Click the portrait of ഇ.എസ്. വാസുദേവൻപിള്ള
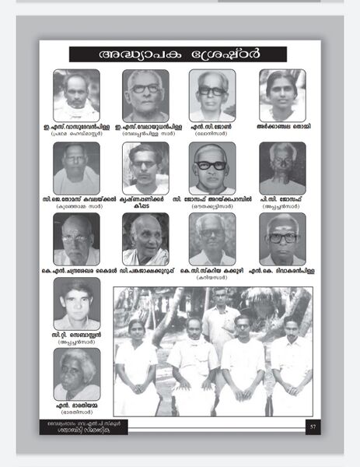click(76, 95)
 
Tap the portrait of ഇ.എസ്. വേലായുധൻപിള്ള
click(145, 95)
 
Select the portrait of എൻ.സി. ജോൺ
click(211, 95)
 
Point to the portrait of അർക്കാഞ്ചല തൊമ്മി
click(282, 95)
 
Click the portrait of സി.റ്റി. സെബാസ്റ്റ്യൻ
click(76, 304)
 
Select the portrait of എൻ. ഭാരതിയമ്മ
click(76, 374)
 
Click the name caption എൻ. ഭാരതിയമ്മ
click(76, 406)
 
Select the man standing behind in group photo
click(221, 319)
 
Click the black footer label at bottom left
click(72, 427)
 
